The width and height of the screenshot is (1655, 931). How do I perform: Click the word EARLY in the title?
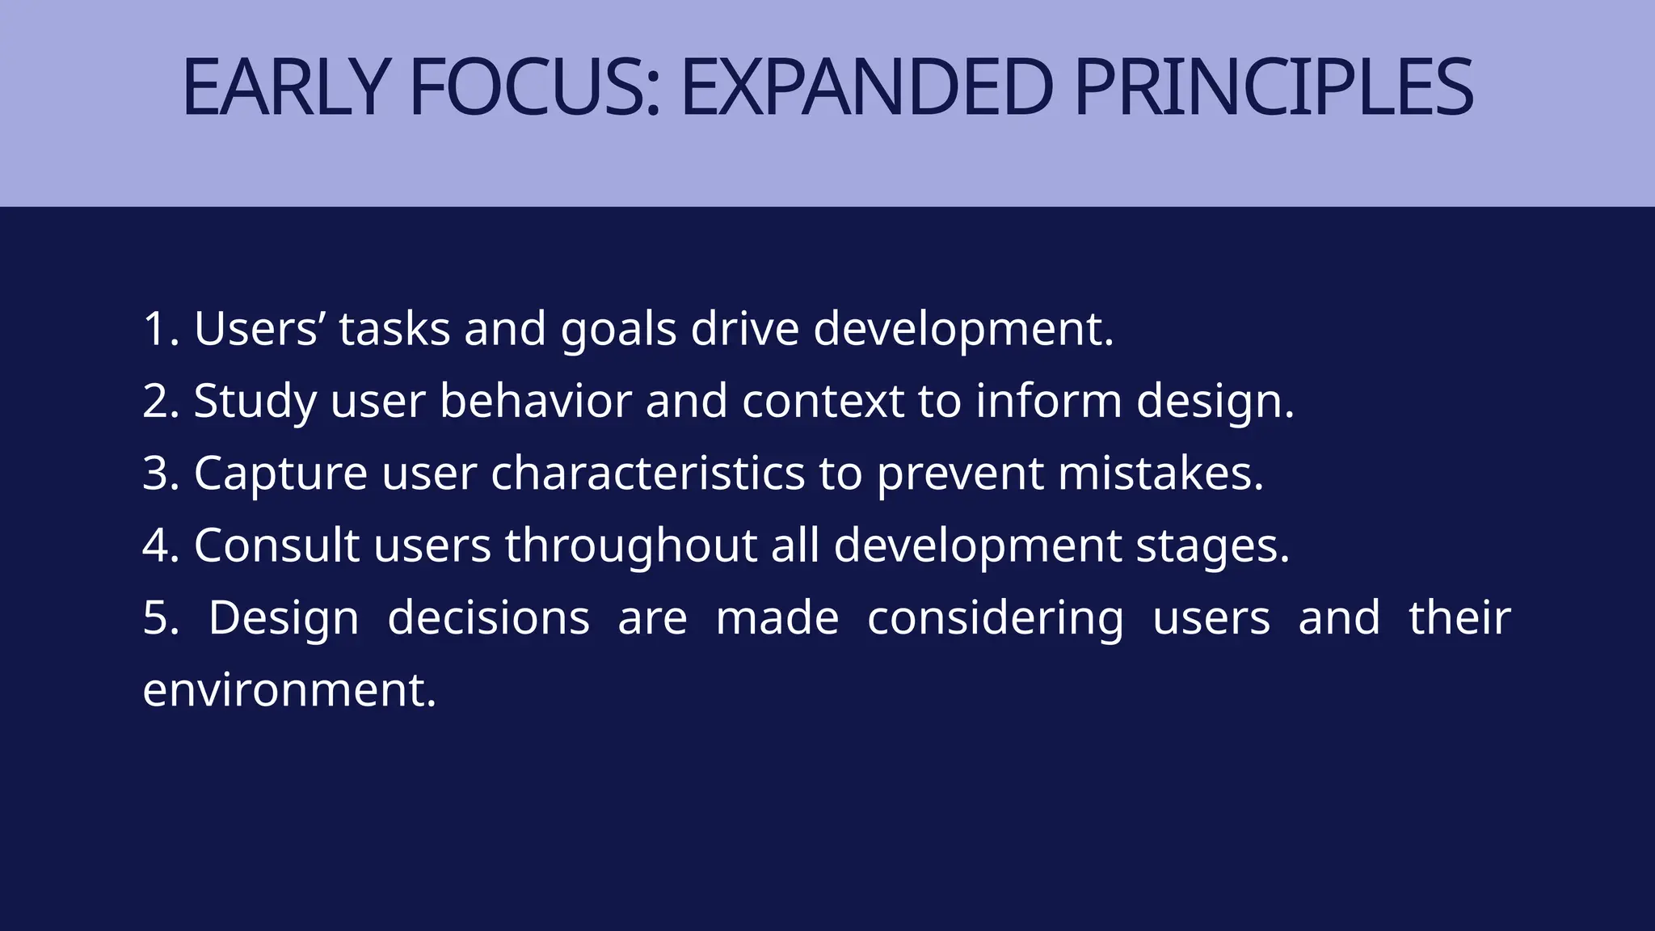coord(287,87)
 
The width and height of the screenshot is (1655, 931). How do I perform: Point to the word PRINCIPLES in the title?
coord(1274,87)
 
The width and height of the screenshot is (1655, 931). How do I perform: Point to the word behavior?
coord(535,402)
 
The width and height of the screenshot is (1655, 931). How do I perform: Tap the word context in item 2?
coord(823,402)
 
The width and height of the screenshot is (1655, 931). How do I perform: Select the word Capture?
coord(280,474)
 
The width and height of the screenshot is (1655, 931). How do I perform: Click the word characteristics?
coord(647,474)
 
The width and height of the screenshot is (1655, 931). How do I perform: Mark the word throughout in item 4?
coord(630,546)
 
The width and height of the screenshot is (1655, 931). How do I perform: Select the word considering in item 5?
coord(995,618)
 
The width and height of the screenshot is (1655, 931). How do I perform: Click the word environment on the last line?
coord(288,690)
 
